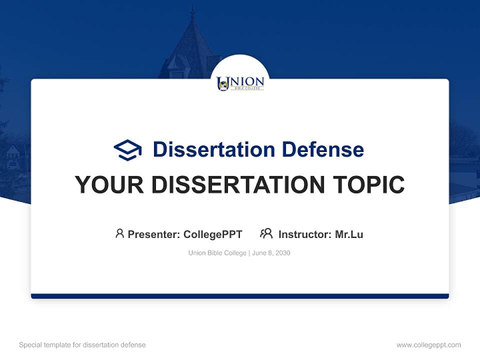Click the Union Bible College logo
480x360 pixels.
click(x=240, y=83)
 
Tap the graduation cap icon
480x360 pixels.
click(x=127, y=150)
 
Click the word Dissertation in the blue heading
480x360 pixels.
click(x=214, y=149)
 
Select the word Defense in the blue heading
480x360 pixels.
click(x=323, y=149)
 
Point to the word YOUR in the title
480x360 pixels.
click(x=109, y=184)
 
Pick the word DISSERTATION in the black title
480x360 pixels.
click(x=238, y=184)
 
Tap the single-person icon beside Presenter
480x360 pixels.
click(x=119, y=233)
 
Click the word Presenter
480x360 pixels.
click(x=153, y=234)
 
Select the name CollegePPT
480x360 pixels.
click(x=213, y=234)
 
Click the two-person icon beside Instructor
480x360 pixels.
click(x=266, y=233)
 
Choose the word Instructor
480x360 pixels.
click(x=305, y=234)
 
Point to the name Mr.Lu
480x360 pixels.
click(x=349, y=234)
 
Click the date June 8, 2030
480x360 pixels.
click(x=271, y=253)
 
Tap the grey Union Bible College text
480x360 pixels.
click(x=217, y=253)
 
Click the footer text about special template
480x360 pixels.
click(x=82, y=345)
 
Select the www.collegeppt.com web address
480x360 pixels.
click(x=428, y=345)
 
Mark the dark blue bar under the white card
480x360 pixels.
click(x=240, y=296)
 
